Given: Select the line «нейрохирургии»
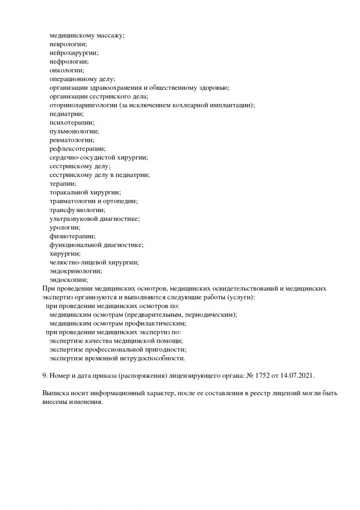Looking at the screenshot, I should click(74, 53).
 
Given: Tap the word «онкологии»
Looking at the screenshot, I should click(67, 70).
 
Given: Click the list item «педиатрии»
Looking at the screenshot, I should click(67, 114).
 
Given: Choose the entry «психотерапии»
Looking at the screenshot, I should click(72, 123).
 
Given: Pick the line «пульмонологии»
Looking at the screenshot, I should click(74, 132).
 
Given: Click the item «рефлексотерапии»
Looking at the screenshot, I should click(77, 149).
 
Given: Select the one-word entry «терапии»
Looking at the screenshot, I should click(63, 184).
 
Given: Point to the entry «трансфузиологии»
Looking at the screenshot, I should click(77, 210).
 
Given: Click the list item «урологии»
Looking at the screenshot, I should click(65, 227).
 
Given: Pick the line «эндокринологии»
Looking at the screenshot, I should click(75, 271).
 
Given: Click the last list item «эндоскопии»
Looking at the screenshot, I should click(68, 279).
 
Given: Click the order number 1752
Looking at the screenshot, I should click(268, 375).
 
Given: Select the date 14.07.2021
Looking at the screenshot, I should click(298, 375).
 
